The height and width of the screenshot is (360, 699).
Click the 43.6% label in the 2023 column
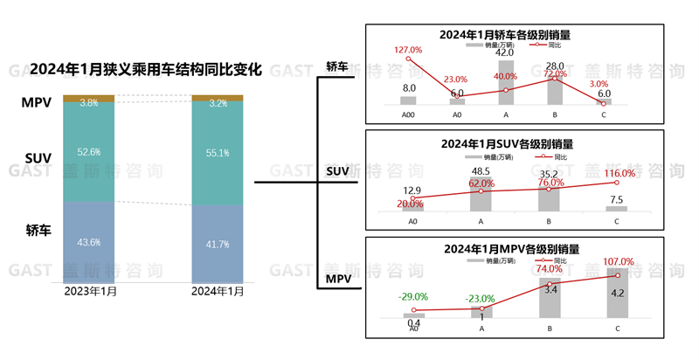(x=89, y=242)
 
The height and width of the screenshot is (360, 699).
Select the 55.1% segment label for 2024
(x=218, y=154)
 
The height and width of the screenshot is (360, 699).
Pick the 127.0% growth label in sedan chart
(x=408, y=51)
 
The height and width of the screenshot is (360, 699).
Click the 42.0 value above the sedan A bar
(x=505, y=53)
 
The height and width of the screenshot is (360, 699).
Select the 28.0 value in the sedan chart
(x=556, y=66)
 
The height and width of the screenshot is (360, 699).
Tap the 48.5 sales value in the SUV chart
(x=480, y=171)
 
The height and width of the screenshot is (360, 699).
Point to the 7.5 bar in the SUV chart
(x=616, y=208)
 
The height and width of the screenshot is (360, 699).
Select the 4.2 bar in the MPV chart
(x=616, y=297)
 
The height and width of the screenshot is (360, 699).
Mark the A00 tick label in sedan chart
(x=408, y=114)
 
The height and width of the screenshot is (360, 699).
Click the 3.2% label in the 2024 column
(x=218, y=103)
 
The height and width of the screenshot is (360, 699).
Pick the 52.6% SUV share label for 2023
(x=89, y=151)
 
